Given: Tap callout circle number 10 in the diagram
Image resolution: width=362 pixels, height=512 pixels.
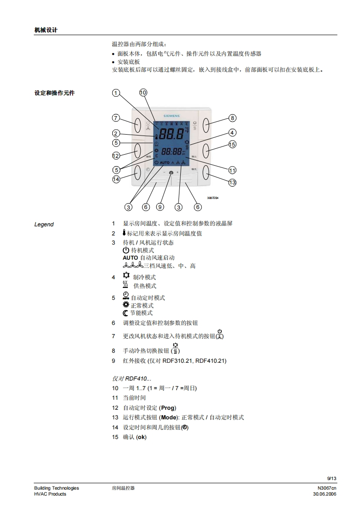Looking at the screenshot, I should click(x=143, y=93).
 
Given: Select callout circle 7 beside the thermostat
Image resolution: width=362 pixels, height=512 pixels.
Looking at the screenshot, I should click(x=116, y=119).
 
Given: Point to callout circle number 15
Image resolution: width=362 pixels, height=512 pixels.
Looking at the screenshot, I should click(x=232, y=145).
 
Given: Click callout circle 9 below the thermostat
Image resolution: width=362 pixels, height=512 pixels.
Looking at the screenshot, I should click(x=160, y=207).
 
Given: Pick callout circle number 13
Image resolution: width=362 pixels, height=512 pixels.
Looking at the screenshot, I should click(x=232, y=183).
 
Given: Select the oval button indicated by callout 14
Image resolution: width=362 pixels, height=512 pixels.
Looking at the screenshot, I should click(x=137, y=172).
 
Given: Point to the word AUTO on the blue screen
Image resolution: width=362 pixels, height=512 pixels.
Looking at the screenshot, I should click(x=165, y=162).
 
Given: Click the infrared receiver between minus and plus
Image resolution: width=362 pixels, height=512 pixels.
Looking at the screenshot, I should click(x=171, y=173).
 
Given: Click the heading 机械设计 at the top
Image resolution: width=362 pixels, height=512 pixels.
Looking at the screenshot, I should click(x=46, y=30).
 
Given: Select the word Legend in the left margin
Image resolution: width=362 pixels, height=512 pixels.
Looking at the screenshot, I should click(x=44, y=225).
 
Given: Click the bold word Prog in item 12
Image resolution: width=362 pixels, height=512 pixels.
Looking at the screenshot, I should click(x=168, y=408).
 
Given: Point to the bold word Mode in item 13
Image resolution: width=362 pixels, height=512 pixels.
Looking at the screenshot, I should click(x=169, y=418).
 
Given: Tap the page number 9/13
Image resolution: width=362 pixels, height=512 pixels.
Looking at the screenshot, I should click(x=331, y=478).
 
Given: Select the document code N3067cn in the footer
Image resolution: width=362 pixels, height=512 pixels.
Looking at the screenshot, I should click(x=327, y=488).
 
